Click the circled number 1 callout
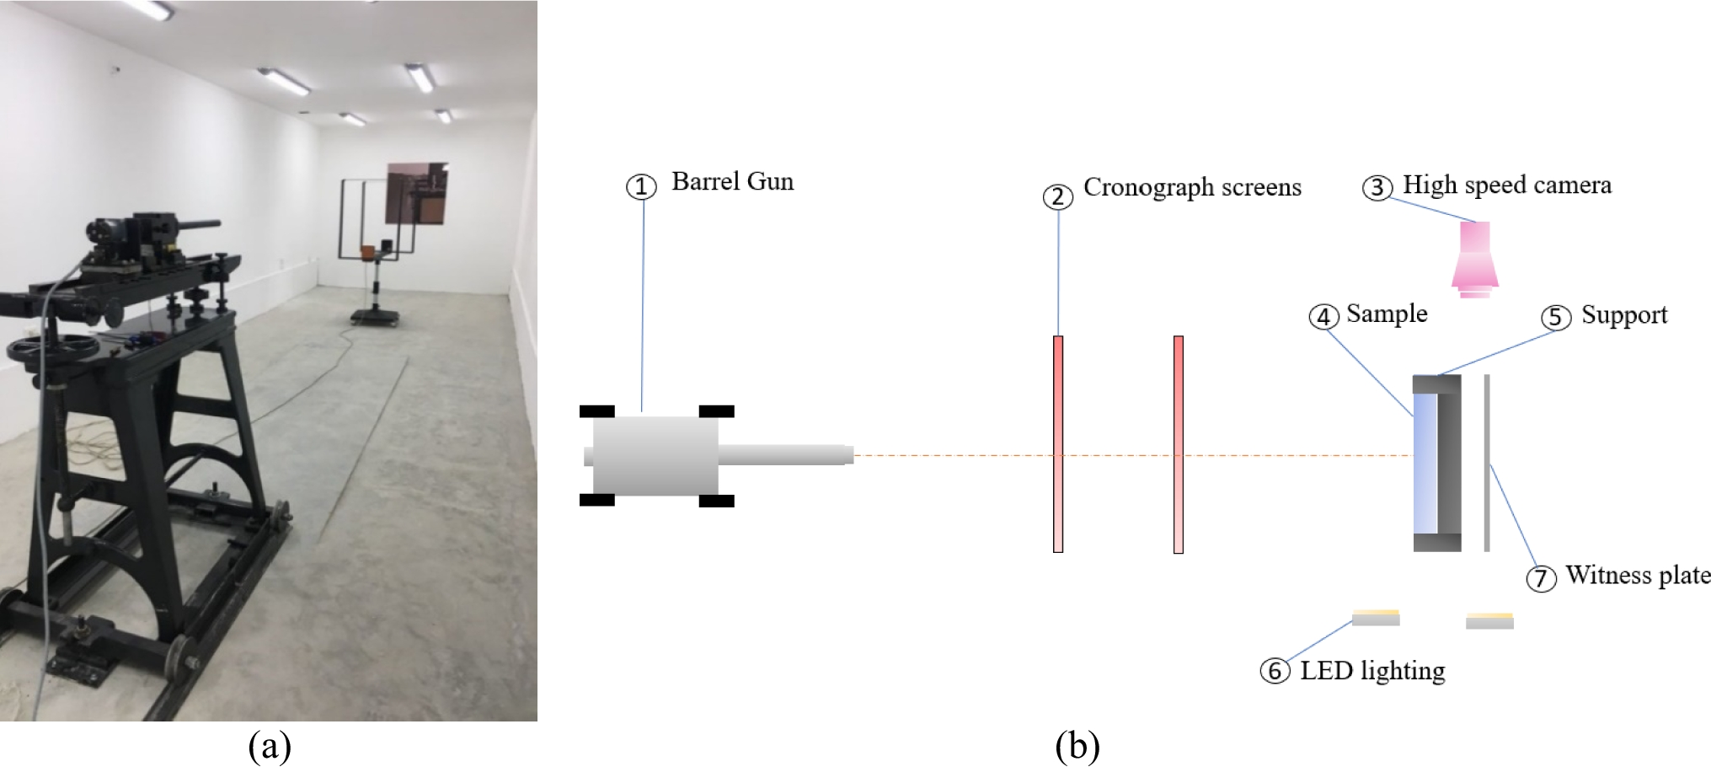pyautogui.click(x=641, y=187)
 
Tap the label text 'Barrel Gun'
pyautogui.click(x=732, y=182)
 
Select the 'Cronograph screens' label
pyautogui.click(x=1191, y=187)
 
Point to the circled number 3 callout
pyautogui.click(x=1377, y=187)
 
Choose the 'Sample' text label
pyautogui.click(x=1387, y=314)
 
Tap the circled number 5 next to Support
pyautogui.click(x=1556, y=318)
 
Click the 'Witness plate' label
pyautogui.click(x=1638, y=576)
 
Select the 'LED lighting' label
pyautogui.click(x=1372, y=671)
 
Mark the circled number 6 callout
pyautogui.click(x=1275, y=672)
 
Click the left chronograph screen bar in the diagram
pyautogui.click(x=1058, y=444)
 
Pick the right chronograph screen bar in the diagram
pyautogui.click(x=1179, y=444)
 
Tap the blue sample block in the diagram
pyautogui.click(x=1425, y=464)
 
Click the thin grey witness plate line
pyautogui.click(x=1487, y=464)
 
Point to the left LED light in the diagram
pyautogui.click(x=1376, y=618)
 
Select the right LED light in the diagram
pyautogui.click(x=1489, y=621)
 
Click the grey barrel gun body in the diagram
pyautogui.click(x=655, y=456)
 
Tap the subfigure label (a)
pyautogui.click(x=270, y=746)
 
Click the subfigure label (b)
pyautogui.click(x=1077, y=746)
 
